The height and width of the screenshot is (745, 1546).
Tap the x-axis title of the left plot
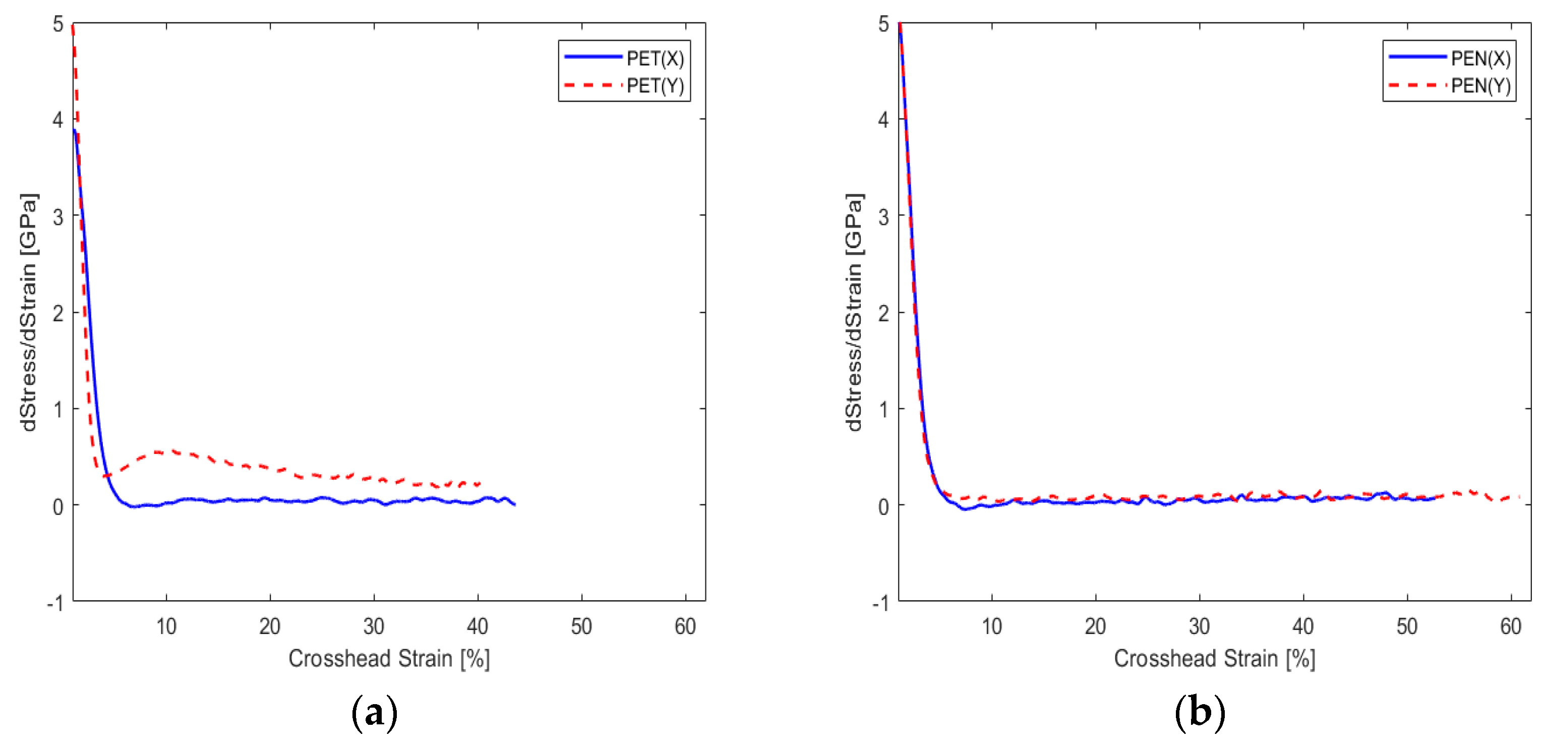tap(389, 659)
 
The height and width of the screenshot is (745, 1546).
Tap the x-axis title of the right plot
tap(1214, 659)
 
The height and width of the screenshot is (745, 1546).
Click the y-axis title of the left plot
tap(29, 312)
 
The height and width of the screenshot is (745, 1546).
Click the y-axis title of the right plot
tap(853, 312)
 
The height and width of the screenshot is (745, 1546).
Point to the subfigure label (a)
tap(374, 713)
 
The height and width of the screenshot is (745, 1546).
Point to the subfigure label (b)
tap(1199, 713)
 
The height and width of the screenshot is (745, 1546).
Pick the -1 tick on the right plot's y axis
tap(880, 603)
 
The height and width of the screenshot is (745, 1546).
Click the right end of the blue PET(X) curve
tap(514, 504)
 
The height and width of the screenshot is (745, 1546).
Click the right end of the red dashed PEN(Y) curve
tap(1519, 497)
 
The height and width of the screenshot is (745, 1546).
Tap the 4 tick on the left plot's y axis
tap(57, 120)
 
